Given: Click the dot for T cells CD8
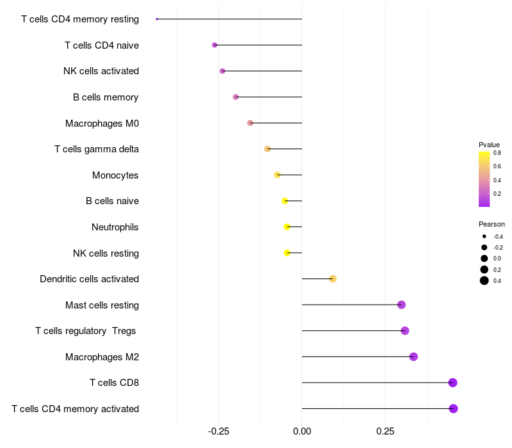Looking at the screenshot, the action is pos(452,383).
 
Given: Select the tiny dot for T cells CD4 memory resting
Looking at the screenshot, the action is pos(157,19).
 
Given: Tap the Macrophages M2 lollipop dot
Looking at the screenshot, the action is pos(413,356).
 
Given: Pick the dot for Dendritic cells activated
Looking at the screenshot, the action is pos(333,279).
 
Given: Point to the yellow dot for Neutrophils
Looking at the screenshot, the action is pos(287,227).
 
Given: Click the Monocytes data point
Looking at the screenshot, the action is pos(277,175).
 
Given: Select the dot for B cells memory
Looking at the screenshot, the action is pos(236,97).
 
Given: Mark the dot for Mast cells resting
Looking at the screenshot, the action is pos(401,305).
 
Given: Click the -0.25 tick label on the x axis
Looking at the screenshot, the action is pos(218,431).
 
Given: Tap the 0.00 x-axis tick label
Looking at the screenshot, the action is pos(302,431).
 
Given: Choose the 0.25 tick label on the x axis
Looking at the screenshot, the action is pos(385,431).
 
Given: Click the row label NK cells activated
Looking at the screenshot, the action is pos(101,71).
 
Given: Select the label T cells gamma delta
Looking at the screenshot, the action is pos(97,149).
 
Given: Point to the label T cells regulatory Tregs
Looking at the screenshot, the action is pos(86,331).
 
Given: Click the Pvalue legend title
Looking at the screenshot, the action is pos(489,145).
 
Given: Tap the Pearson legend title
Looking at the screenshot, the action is pos(492,225).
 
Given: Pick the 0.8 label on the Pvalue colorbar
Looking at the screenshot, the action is pos(497,153).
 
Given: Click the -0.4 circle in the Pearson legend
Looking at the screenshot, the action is pos(484,236).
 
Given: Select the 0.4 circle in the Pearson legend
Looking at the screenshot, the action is pos(484,280).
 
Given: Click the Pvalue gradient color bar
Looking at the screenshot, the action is pos(484,179).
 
